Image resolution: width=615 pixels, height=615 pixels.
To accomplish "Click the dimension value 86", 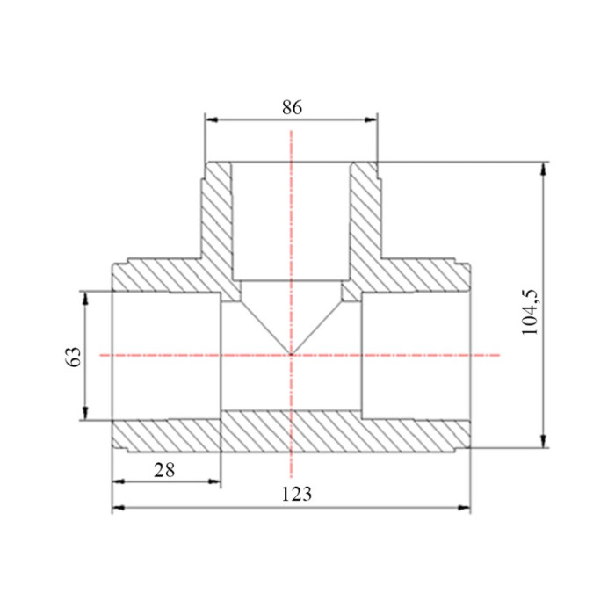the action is click(x=293, y=107).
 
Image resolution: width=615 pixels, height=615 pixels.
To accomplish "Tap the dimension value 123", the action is click(x=297, y=494).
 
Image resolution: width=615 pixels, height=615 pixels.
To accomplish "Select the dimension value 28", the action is click(x=164, y=470).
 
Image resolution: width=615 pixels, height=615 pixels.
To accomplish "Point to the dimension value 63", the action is click(x=74, y=356).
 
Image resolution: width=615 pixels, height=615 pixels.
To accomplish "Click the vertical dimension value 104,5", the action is click(x=531, y=312).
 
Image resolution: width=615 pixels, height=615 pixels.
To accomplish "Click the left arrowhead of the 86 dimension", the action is click(x=212, y=119).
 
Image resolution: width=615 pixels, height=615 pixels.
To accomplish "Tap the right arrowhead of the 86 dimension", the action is click(x=370, y=119).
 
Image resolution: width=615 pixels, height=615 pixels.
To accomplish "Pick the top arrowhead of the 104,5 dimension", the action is click(x=543, y=169).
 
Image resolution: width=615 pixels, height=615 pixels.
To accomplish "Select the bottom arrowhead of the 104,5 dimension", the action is click(x=543, y=441).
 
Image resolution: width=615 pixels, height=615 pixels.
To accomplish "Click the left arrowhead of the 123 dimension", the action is click(x=119, y=508).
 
